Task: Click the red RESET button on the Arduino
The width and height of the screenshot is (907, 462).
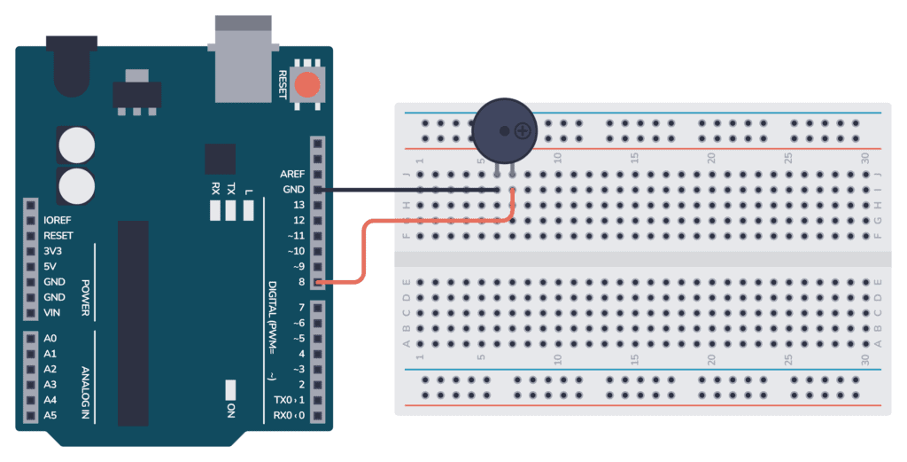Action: pos(308,85)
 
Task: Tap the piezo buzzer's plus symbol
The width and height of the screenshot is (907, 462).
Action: pos(524,131)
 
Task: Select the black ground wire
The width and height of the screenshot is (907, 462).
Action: pos(407,190)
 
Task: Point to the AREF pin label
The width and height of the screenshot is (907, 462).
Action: pos(292,174)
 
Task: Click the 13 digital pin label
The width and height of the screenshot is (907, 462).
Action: pos(298,205)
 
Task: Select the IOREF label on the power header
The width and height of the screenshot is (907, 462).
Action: pos(58,220)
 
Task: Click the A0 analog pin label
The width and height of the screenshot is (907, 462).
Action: pos(50,338)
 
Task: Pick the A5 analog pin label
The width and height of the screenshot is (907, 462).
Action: pos(50,415)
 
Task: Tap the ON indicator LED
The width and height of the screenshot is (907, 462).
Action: pos(231,389)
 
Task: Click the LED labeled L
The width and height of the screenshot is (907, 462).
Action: pos(248,210)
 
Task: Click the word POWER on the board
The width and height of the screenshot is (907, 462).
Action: pos(86,297)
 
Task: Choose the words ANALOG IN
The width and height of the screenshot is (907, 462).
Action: pos(86,388)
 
